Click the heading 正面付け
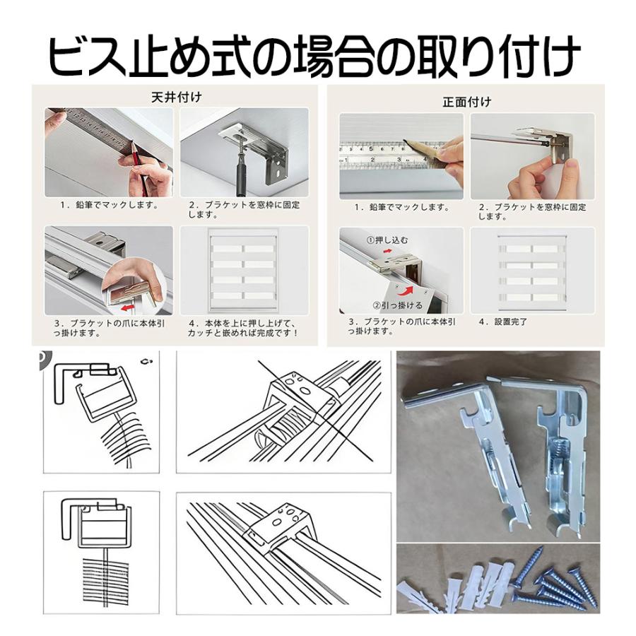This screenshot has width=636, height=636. [466, 102]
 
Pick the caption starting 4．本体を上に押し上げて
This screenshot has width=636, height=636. [244, 327]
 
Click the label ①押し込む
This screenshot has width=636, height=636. [387, 240]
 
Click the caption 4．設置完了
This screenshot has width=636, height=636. [504, 322]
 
